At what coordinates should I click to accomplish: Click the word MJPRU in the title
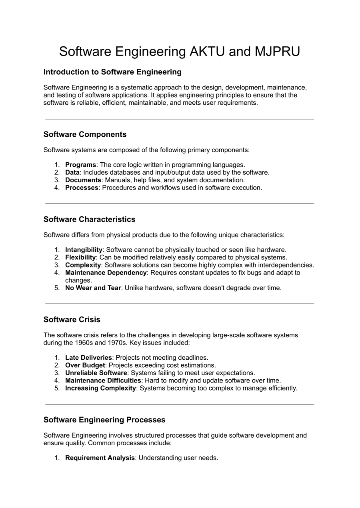(x=277, y=52)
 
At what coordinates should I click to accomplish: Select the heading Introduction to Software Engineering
(x=112, y=72)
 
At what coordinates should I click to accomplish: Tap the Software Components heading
(x=85, y=134)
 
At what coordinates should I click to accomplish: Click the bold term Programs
(x=80, y=165)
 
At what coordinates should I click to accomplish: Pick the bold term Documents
(x=83, y=180)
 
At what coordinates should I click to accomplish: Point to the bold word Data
(x=72, y=172)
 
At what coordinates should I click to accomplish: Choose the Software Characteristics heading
(x=89, y=219)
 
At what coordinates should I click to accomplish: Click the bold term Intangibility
(x=84, y=250)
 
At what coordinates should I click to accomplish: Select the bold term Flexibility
(x=80, y=257)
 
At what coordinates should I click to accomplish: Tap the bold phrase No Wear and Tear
(x=93, y=288)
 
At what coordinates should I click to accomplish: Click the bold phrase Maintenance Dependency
(x=106, y=273)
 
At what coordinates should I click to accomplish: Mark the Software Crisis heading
(x=72, y=320)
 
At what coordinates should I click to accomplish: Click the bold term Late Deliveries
(x=88, y=358)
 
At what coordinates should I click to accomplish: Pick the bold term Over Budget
(x=85, y=365)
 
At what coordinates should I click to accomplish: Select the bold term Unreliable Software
(x=96, y=373)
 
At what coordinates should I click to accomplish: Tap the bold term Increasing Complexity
(x=100, y=388)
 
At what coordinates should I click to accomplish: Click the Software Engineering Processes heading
(x=104, y=420)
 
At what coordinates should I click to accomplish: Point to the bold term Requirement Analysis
(x=100, y=458)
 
